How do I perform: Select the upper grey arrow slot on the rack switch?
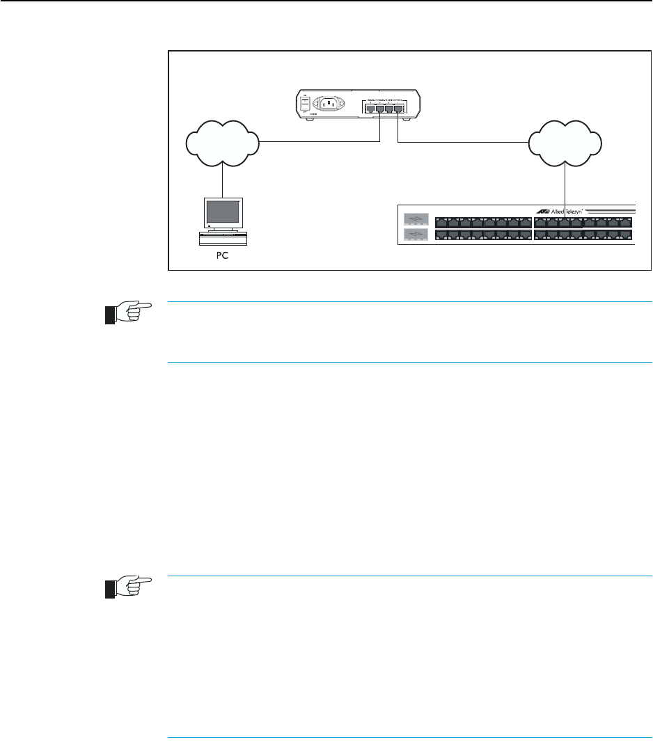(415, 220)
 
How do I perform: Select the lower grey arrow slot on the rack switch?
(415, 235)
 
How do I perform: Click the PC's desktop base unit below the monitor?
(223, 238)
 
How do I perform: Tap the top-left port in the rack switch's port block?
(441, 223)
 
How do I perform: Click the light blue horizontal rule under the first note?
(411, 362)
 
